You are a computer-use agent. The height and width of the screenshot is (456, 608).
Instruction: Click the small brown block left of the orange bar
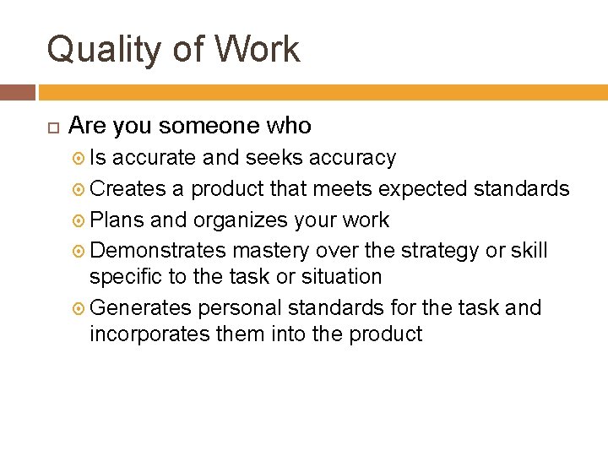(17, 92)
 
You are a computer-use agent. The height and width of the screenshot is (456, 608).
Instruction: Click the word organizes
(241, 220)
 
